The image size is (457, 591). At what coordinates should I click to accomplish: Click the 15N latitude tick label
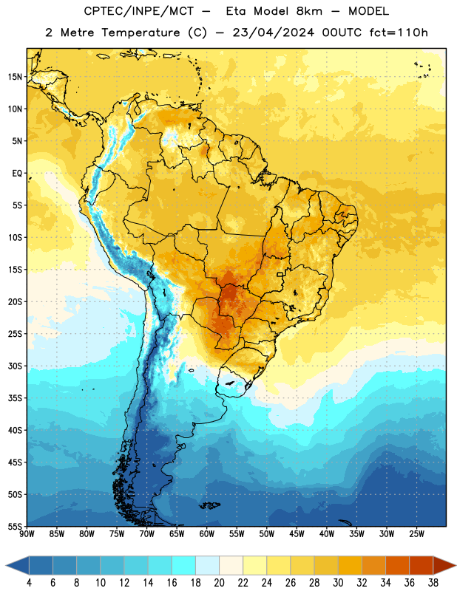(x=15, y=77)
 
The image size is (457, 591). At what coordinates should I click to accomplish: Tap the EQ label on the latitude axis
(x=17, y=174)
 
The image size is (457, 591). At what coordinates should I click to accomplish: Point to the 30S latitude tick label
(x=15, y=366)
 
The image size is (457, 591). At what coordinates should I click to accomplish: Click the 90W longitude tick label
(x=27, y=533)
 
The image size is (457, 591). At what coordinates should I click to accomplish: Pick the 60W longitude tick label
(x=207, y=533)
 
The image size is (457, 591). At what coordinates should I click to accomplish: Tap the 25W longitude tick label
(x=416, y=533)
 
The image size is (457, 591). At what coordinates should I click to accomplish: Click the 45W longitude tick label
(x=297, y=533)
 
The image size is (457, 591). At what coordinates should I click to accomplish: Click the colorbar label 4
(x=30, y=583)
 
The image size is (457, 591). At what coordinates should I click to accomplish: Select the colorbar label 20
(x=219, y=583)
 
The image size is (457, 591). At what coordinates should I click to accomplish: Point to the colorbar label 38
(x=433, y=583)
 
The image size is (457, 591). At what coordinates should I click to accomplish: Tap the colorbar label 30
(x=338, y=583)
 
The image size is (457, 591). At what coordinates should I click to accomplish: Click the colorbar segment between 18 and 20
(x=207, y=565)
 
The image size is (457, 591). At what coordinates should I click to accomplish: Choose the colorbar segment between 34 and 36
(x=397, y=565)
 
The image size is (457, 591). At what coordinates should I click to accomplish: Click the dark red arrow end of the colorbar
(x=444, y=565)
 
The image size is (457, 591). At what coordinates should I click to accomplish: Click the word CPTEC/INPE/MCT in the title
(x=139, y=11)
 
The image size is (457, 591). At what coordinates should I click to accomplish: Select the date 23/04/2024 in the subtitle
(x=273, y=33)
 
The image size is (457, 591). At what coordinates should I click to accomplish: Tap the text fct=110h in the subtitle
(x=399, y=33)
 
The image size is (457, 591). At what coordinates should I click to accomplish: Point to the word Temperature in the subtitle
(x=141, y=33)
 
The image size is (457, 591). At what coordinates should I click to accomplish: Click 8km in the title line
(x=309, y=11)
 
